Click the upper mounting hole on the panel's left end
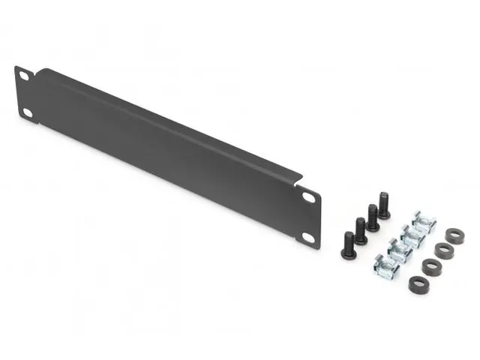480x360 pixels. coord(23,77)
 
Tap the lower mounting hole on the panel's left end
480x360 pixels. coord(27,112)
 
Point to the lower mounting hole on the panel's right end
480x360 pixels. coord(308,236)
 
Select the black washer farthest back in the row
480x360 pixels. coord(453,234)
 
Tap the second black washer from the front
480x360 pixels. coord(430,266)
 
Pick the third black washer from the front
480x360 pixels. coord(442,250)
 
